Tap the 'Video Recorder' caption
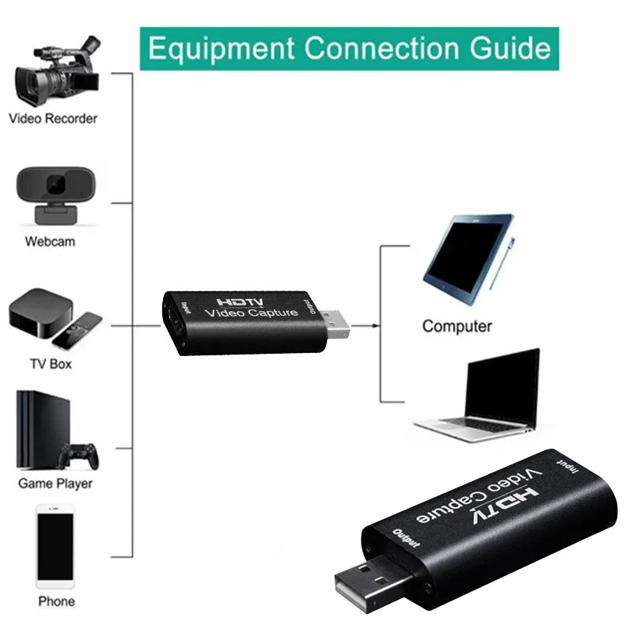coord(53,119)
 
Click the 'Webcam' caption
coord(50,241)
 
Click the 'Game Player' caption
coord(55,483)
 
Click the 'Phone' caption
coord(56,601)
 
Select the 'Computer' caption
coord(457,326)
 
